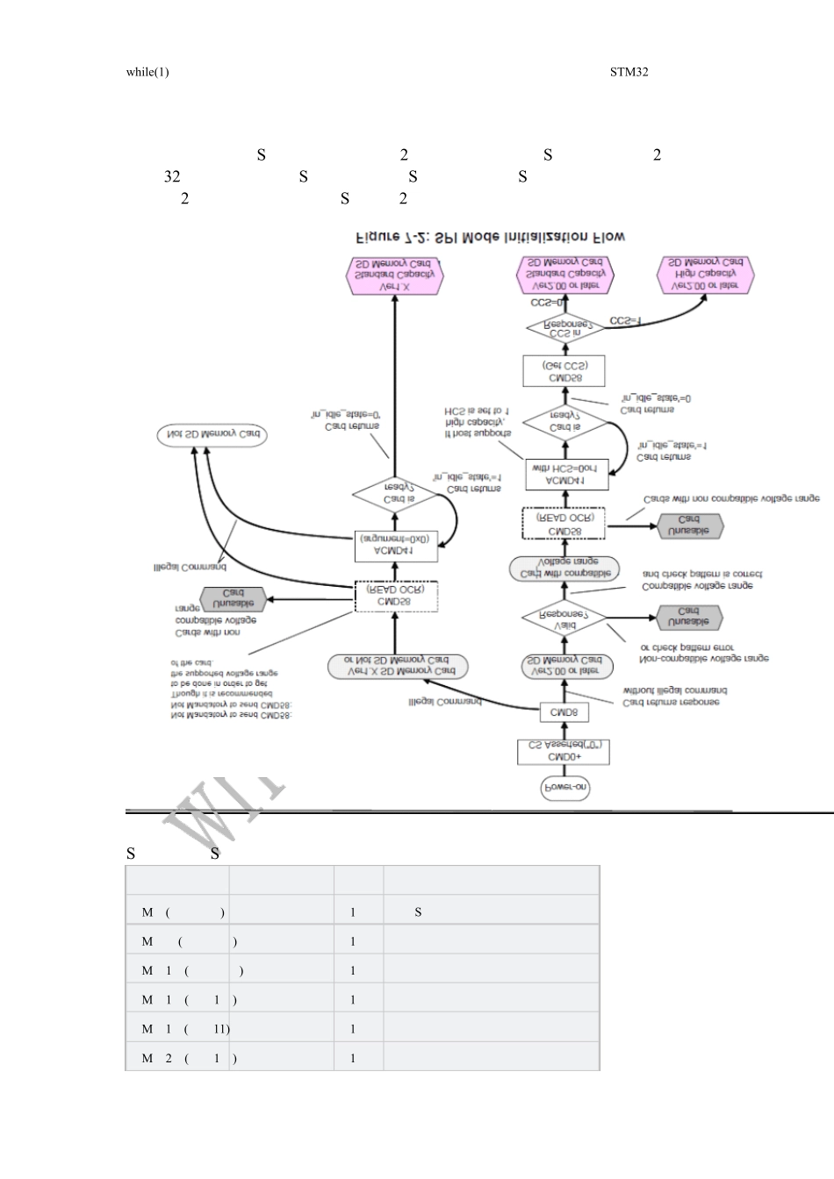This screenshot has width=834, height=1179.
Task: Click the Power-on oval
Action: coord(564,788)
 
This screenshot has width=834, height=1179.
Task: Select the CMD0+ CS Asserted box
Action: coord(564,752)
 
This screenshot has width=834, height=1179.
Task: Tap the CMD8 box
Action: coord(564,712)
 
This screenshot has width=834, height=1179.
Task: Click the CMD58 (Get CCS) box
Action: coord(564,371)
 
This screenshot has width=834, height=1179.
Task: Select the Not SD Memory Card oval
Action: coord(212,434)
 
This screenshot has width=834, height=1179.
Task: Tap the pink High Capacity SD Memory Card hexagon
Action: coord(704,274)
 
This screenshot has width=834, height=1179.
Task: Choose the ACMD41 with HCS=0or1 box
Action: coord(565,475)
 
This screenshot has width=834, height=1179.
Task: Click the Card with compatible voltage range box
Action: coord(565,568)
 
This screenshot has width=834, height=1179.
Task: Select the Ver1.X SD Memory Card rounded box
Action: coord(394,666)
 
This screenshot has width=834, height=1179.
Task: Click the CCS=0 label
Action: coord(547,303)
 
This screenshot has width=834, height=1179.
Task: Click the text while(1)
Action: coord(147,72)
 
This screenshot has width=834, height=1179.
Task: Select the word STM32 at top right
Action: coord(629,72)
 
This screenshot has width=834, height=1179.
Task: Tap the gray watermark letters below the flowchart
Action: coord(224,805)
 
